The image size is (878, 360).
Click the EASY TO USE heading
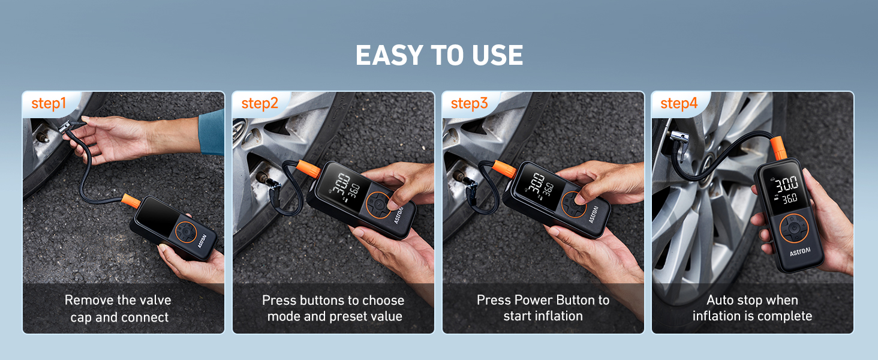[439, 55]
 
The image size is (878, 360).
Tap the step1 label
[49, 103]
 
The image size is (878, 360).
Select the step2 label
[260, 103]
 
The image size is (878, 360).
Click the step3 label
[470, 103]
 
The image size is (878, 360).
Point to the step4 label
[679, 103]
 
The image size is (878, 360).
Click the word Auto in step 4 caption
[720, 300]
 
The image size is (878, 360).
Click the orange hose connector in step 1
[130, 199]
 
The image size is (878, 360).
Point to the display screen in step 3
[537, 183]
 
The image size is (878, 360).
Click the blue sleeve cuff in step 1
[211, 132]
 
